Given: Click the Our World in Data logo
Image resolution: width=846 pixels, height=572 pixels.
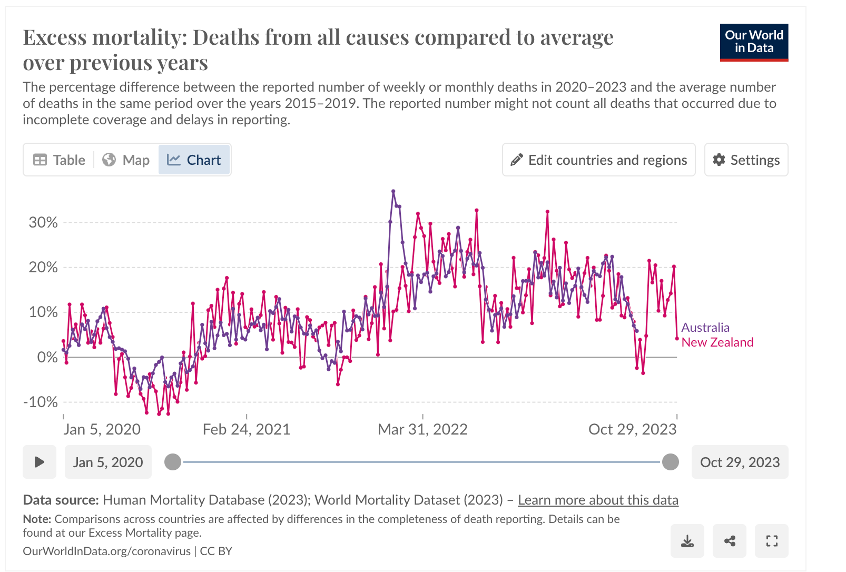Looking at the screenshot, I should tap(754, 42).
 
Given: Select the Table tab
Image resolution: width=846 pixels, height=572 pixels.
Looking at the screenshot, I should tap(60, 160).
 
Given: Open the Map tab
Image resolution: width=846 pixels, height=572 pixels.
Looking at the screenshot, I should tap(126, 160).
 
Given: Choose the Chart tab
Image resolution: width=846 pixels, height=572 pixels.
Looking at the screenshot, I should tap(194, 160).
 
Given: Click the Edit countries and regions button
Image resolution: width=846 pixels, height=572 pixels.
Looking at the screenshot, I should tap(598, 160).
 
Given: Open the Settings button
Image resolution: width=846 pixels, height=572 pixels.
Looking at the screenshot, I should tap(746, 160).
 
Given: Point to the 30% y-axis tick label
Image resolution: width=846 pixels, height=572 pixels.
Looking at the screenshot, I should tap(43, 222).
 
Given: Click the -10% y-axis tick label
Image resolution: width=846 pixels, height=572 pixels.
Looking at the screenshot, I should tap(41, 402).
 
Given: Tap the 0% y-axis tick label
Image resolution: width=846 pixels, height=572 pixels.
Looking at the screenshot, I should tap(47, 357).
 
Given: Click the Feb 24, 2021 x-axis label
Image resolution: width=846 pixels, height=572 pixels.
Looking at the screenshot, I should tap(247, 429).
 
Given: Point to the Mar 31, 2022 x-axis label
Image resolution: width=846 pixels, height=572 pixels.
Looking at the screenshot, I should tap(422, 429).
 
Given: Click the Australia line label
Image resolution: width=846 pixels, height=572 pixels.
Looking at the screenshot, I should tap(705, 328).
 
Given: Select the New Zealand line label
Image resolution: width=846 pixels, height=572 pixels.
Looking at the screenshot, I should tap(717, 342).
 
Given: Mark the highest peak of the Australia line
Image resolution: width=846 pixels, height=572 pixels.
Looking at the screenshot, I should tap(393, 191).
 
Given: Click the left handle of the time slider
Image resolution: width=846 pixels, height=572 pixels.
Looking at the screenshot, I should tap(173, 462).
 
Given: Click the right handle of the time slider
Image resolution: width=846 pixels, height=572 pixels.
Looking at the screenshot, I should tap(670, 462).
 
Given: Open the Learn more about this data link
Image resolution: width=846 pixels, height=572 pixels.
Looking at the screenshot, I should tap(598, 500).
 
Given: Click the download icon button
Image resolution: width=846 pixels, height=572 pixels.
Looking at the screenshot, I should tap(687, 541).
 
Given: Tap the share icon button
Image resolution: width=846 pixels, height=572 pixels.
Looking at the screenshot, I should tap(730, 541).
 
